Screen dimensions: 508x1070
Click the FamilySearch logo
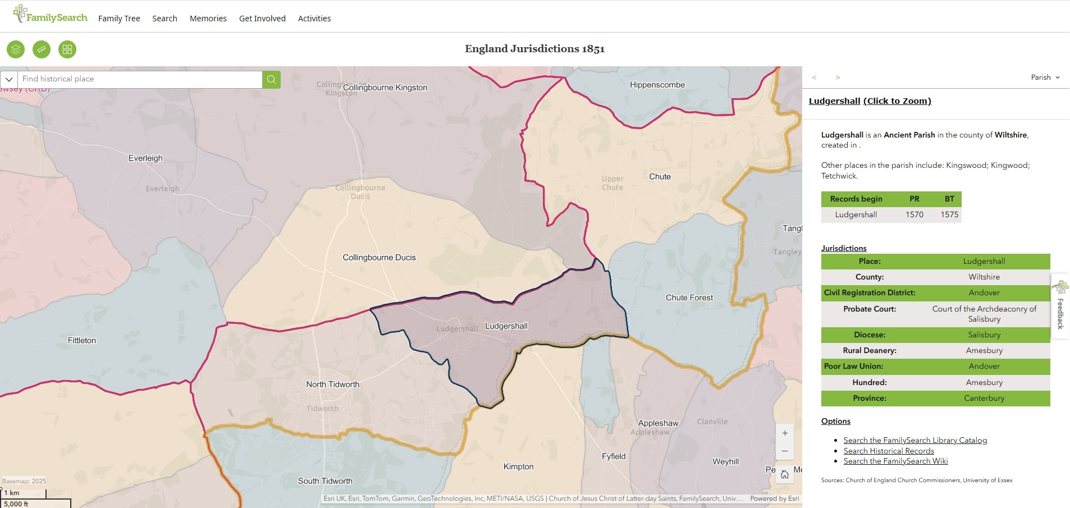pos(51,15)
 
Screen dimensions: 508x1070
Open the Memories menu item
pos(208,19)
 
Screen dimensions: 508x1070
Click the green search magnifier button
pos(271,79)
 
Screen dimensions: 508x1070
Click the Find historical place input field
pos(140,79)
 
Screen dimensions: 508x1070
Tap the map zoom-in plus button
pos(785,433)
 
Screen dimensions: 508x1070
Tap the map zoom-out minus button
pos(785,451)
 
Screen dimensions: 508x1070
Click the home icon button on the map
pos(785,475)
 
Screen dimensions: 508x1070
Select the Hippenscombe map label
pos(657,85)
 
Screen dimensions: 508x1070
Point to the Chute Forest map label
pos(689,298)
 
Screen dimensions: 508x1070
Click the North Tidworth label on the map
pos(332,385)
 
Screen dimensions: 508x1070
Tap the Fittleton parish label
pos(82,340)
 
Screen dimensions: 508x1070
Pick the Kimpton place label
pos(518,466)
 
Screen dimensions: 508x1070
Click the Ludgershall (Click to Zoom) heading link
pos(870,101)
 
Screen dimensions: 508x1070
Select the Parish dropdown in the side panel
pos(1045,77)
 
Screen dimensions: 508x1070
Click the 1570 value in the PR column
pos(914,214)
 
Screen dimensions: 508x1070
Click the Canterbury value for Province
pos(984,398)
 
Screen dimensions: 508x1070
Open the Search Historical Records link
pos(888,451)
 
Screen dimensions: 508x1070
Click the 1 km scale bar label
pos(12,493)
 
